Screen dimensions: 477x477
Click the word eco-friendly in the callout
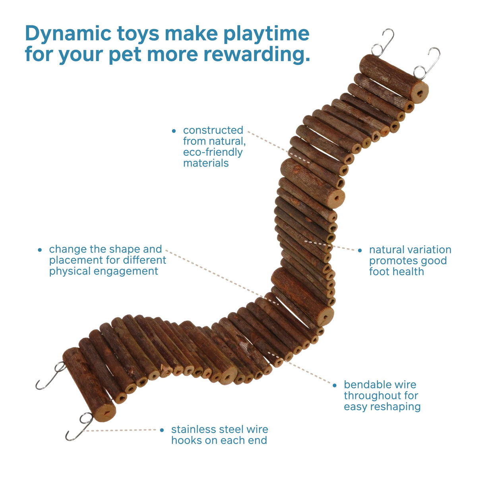click(x=213, y=153)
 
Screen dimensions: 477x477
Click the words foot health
click(x=397, y=272)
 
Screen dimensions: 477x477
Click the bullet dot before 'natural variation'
click(x=360, y=250)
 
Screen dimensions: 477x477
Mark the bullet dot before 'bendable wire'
click(x=335, y=385)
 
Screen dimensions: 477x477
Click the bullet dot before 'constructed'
click(x=174, y=131)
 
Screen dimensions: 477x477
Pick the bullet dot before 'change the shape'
click(x=40, y=250)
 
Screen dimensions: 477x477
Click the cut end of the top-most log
click(x=420, y=93)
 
